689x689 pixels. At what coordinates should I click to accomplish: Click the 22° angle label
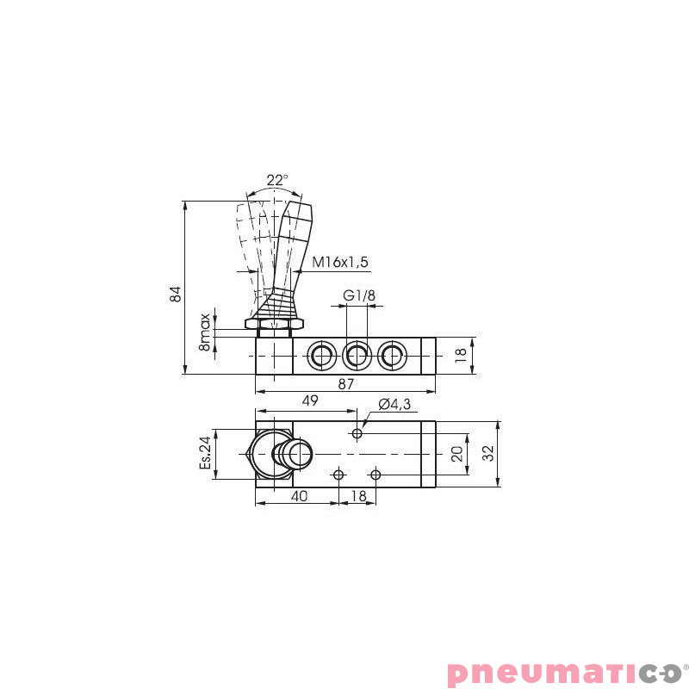(276, 180)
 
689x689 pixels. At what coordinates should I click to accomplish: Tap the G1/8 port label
(359, 296)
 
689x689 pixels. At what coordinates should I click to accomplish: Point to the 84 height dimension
(176, 293)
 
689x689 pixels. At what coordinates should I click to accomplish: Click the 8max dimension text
(205, 331)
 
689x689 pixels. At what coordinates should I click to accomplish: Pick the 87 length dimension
(345, 385)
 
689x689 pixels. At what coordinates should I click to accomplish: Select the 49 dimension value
(310, 400)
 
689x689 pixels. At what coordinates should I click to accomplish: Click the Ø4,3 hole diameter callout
(394, 404)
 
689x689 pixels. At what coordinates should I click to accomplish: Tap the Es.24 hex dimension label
(205, 452)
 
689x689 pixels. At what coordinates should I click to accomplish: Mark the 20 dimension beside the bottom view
(457, 453)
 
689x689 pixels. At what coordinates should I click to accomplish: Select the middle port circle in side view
(357, 354)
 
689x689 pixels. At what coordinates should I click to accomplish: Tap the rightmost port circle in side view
(391, 354)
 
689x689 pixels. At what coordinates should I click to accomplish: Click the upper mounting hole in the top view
(357, 433)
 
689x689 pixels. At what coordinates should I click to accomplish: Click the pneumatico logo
(567, 670)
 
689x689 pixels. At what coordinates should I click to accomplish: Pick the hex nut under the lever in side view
(274, 324)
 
